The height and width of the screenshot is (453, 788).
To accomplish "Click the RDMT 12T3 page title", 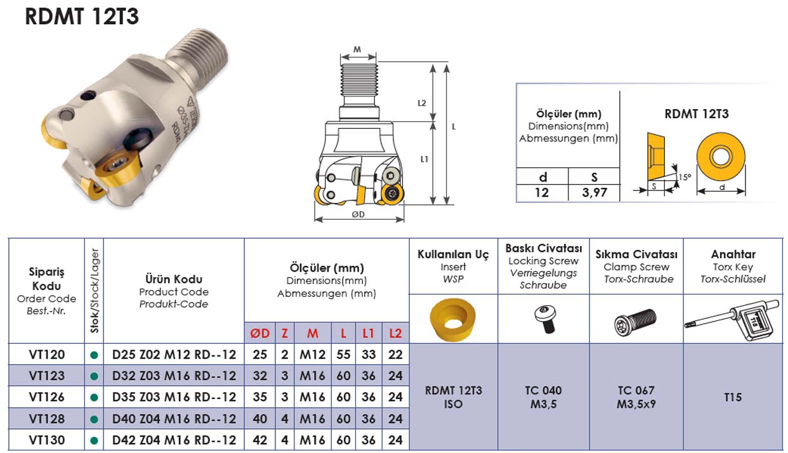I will (82, 16).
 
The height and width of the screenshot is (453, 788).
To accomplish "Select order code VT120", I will (47, 354).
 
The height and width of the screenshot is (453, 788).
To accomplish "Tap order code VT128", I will (47, 419).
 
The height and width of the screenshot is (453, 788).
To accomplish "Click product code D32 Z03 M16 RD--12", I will (174, 376).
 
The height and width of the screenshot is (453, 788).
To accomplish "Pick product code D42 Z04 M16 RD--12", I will (174, 440).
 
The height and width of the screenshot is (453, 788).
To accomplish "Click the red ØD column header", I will (260, 333).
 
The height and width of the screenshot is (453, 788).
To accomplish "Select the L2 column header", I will (395, 333).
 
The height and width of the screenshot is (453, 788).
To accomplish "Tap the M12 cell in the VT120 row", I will (313, 354).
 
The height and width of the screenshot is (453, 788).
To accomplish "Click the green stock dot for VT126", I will (94, 398).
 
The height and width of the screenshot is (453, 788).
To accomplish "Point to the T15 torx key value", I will (733, 397).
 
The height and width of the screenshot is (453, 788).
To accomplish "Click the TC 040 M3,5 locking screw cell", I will (544, 397).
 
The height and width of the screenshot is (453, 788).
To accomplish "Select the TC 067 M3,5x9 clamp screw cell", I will (636, 397).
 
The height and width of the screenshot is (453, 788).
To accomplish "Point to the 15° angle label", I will (683, 178).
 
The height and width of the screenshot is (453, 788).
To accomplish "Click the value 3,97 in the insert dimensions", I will (594, 192).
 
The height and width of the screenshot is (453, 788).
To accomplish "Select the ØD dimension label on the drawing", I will (358, 214).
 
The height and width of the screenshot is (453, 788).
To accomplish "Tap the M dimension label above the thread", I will (357, 49).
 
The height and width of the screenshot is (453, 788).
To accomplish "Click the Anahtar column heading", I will (733, 254).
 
